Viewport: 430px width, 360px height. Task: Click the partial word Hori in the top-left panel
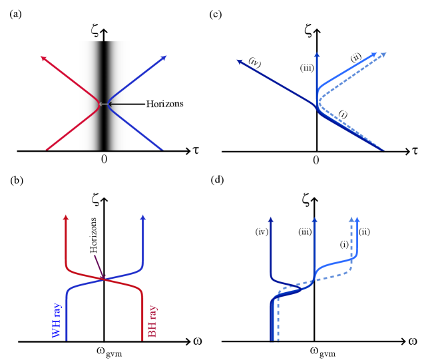[x=155, y=104]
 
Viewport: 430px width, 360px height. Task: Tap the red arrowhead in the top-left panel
[x=43, y=59]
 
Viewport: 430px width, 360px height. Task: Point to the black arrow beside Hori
[x=126, y=104]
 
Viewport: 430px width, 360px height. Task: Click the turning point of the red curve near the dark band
[x=99, y=104]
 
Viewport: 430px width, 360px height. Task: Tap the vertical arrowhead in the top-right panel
[x=317, y=55]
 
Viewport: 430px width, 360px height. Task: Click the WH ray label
[x=57, y=320]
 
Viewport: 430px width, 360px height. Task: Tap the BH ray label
[x=152, y=321]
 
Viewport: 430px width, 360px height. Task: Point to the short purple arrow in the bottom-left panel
[x=99, y=266]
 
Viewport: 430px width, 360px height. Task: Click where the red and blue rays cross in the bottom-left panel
[x=105, y=279]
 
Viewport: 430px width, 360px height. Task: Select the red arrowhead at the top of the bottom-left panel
[x=66, y=218]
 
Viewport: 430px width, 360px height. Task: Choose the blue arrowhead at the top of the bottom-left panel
[x=142, y=218]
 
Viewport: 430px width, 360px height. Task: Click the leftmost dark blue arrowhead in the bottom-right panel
[x=271, y=220]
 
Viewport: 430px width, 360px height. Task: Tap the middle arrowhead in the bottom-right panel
[x=314, y=220]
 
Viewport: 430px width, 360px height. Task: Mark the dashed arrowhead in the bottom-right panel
[x=351, y=220]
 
